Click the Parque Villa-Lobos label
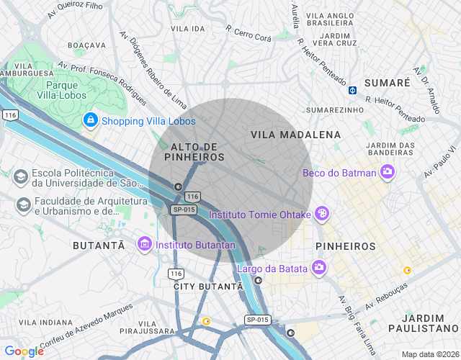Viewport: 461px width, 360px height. pos(61,89)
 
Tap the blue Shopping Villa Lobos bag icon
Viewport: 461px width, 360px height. pos(91,120)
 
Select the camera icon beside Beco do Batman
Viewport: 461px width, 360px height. pos(388,172)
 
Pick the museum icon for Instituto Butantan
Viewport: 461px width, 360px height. pos(144,245)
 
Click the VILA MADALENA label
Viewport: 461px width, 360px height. pos(295,135)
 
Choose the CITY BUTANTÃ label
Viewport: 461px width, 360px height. pos(208,286)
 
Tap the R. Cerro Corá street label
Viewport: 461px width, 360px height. pos(249,32)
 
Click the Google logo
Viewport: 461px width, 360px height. pos(24,351)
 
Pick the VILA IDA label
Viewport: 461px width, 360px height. pos(188,28)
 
